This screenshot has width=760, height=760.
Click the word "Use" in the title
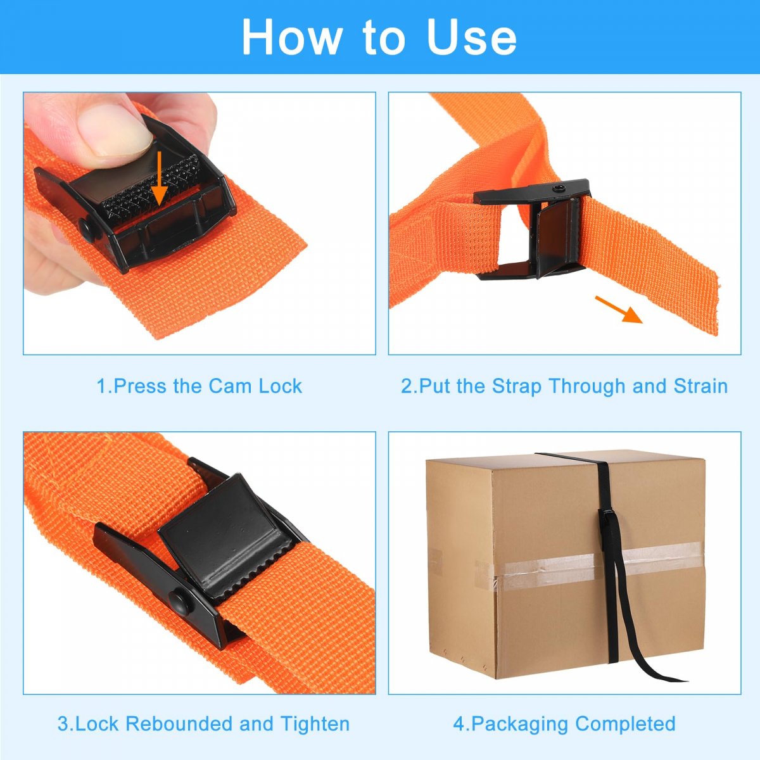[472, 37]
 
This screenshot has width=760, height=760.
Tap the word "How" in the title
[291, 37]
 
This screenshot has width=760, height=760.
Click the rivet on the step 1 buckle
[87, 229]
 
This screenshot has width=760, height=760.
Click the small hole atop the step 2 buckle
[558, 189]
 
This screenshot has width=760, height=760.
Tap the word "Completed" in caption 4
[625, 724]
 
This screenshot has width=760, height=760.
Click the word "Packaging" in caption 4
[520, 725]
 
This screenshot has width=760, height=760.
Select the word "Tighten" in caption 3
[315, 724]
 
